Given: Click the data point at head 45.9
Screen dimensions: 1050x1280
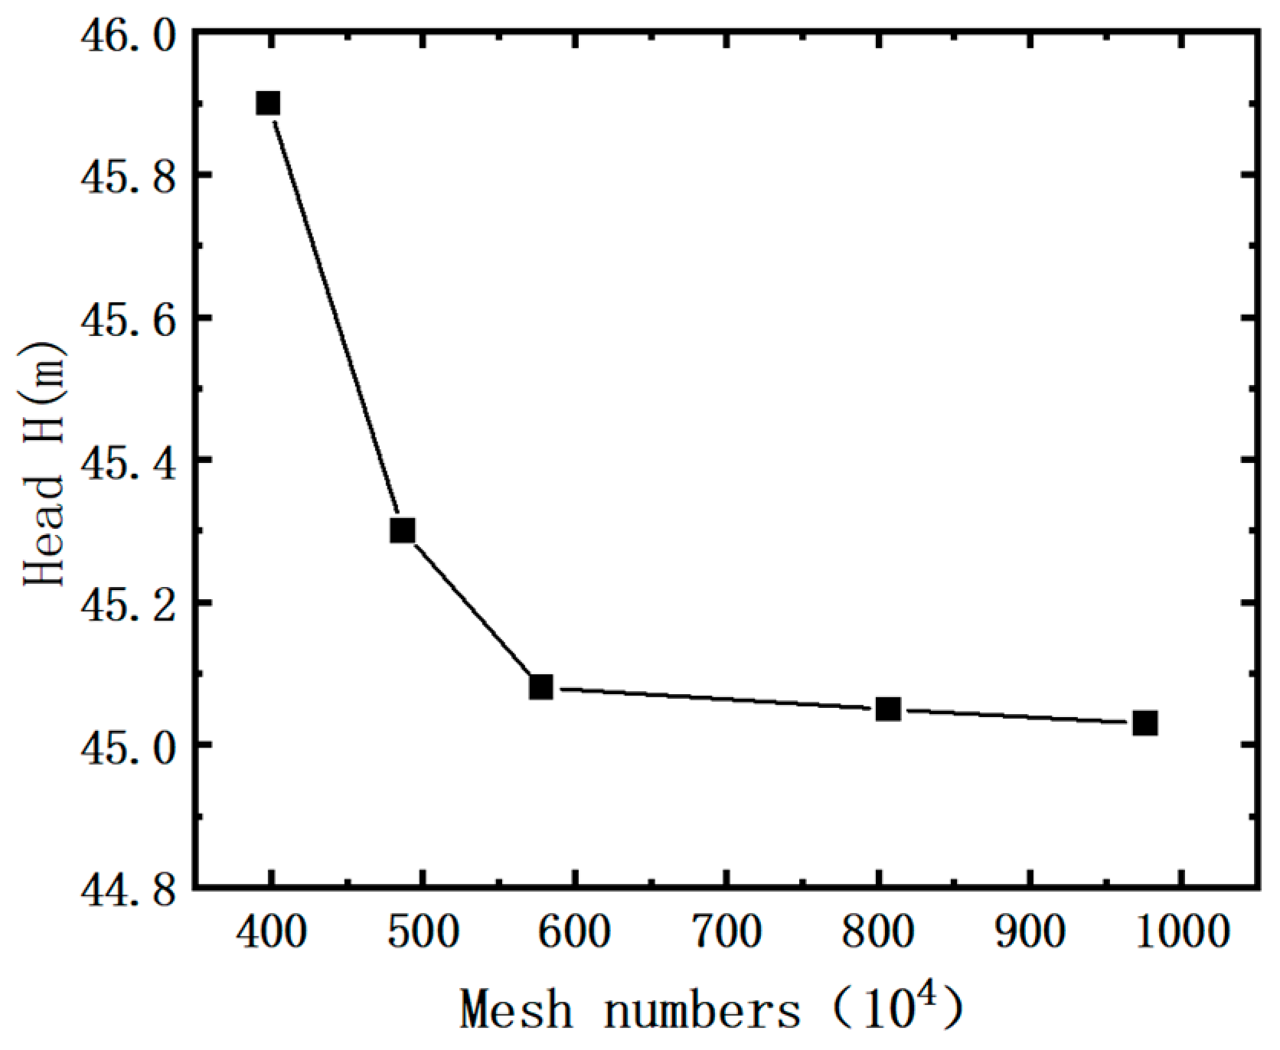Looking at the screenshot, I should tap(268, 103).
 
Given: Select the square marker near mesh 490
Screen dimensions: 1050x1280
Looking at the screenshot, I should tap(403, 530).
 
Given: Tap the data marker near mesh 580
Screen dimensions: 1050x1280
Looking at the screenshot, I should tap(541, 686).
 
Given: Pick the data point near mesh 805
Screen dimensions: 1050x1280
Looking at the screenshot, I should tap(888, 709).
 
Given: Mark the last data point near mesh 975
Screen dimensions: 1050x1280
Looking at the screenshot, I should tap(1145, 722).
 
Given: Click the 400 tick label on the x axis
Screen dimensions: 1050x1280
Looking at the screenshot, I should tap(271, 932).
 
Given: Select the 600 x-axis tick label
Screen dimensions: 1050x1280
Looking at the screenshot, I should tap(575, 932).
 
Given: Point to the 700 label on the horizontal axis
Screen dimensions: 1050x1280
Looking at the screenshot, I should tap(727, 932).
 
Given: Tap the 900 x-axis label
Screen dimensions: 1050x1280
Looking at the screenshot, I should tap(1030, 932).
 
